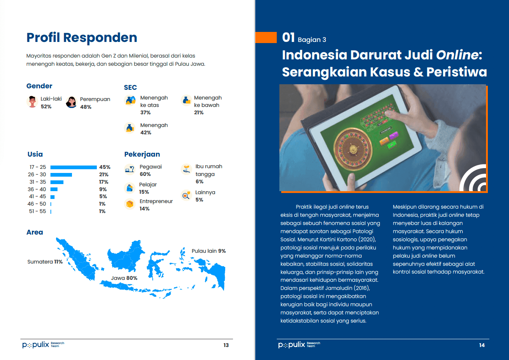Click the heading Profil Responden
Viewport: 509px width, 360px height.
pyautogui.click(x=82, y=37)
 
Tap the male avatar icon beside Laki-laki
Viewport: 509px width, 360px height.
pyautogui.click(x=32, y=102)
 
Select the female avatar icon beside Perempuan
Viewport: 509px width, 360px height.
pyautogui.click(x=71, y=102)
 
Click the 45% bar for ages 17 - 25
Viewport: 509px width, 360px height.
pyautogui.click(x=73, y=167)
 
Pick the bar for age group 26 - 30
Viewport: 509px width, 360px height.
pyautogui.click(x=61, y=175)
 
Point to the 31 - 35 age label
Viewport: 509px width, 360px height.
pyautogui.click(x=37, y=182)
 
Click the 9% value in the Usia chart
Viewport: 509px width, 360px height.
pyautogui.click(x=103, y=189)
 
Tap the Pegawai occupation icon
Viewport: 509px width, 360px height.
pyautogui.click(x=130, y=169)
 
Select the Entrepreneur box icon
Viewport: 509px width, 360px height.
pyautogui.click(x=130, y=204)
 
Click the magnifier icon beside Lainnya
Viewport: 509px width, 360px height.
pyautogui.click(x=186, y=195)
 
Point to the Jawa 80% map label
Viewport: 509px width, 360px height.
pyautogui.click(x=124, y=278)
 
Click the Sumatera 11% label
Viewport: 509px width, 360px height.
pyautogui.click(x=45, y=262)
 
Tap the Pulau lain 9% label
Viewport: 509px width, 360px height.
pyautogui.click(x=208, y=251)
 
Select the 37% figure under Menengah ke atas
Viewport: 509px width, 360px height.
pyautogui.click(x=145, y=112)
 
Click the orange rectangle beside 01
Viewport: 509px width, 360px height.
pyautogui.click(x=266, y=37)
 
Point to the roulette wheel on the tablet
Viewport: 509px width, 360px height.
pyautogui.click(x=353, y=150)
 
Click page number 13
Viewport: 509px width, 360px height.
pyautogui.click(x=226, y=345)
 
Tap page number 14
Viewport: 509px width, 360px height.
pyautogui.click(x=482, y=345)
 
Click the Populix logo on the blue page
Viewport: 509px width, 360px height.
pyautogui.click(x=299, y=345)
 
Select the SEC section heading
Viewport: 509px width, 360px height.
pyautogui.click(x=131, y=88)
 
